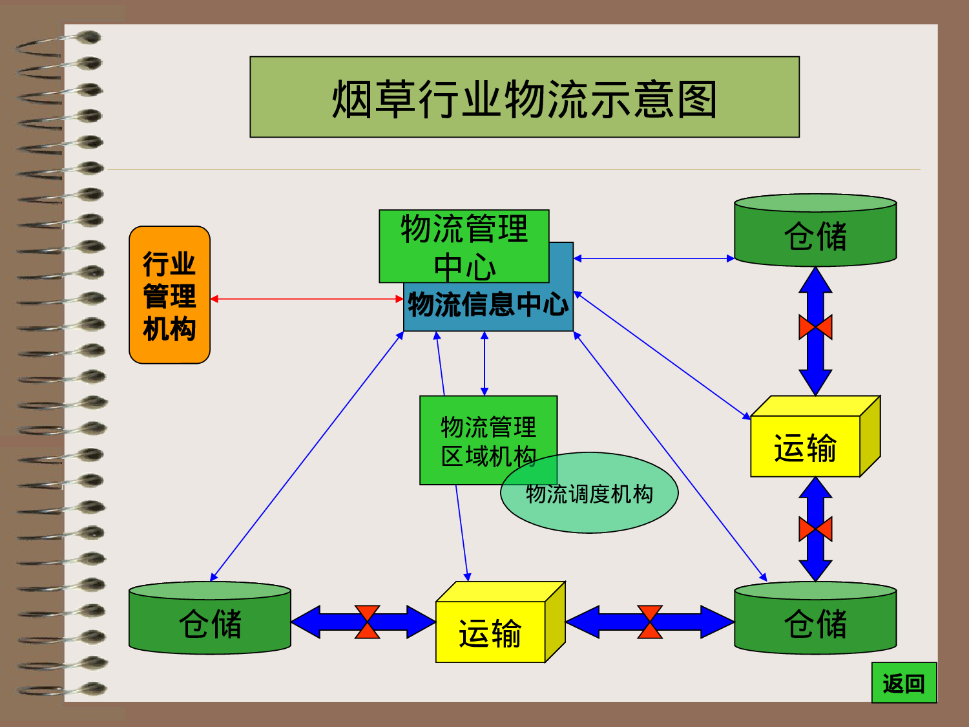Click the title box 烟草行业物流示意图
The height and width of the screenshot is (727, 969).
click(x=525, y=97)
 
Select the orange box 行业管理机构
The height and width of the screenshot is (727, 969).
click(x=169, y=295)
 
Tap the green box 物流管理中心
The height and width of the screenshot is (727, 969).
click(x=464, y=246)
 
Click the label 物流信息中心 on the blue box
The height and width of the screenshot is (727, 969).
click(x=488, y=304)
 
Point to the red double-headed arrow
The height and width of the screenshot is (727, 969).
click(x=307, y=299)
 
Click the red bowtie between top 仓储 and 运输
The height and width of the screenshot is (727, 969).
click(x=815, y=327)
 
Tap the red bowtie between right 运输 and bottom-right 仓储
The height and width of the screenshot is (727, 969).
click(x=815, y=529)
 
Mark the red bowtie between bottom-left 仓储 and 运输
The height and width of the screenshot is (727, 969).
click(x=367, y=622)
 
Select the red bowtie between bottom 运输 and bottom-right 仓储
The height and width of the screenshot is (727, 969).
click(x=650, y=622)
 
